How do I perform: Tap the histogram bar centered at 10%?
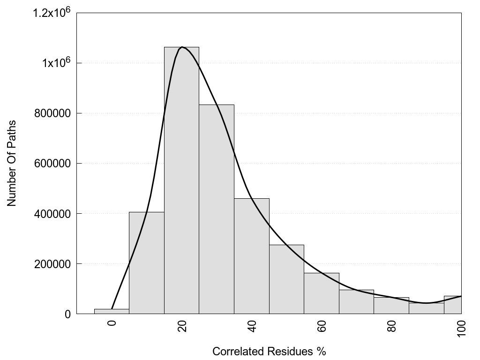pos(146,263)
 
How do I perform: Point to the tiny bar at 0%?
pos(112,311)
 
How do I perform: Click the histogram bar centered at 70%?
pos(356,302)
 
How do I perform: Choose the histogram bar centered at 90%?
pos(426,308)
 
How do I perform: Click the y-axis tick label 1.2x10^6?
pos(51,13)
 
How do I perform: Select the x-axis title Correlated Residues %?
pos(269,351)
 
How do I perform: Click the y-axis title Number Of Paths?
pos(12,163)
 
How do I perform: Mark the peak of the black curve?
pos(182,47)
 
